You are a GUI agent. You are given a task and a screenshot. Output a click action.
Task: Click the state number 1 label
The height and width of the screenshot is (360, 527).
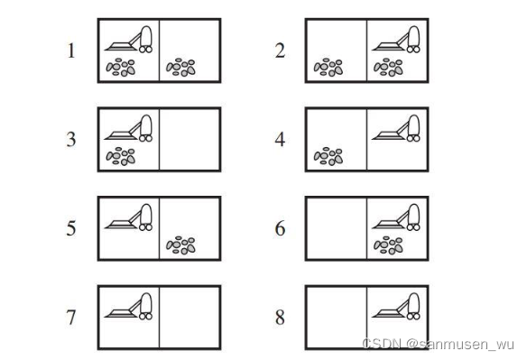[71, 51]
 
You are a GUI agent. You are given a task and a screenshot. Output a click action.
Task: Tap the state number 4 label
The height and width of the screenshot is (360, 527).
[280, 139]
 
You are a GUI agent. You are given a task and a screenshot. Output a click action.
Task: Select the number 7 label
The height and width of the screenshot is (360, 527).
[71, 318]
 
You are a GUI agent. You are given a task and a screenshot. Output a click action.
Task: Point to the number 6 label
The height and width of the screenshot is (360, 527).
[280, 228]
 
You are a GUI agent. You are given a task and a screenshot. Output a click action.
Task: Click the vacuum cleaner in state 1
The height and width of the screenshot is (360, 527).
[129, 40]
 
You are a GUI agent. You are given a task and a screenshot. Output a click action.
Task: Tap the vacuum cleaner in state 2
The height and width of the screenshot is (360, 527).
[396, 40]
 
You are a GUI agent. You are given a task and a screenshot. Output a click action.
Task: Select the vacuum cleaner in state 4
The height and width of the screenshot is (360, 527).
[396, 128]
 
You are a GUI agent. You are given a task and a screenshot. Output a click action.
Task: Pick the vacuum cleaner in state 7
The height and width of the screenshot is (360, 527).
[129, 306]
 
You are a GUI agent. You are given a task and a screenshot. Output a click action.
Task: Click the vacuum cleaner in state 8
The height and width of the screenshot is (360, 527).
[396, 306]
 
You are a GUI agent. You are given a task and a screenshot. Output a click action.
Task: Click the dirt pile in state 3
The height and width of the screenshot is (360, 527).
[121, 156]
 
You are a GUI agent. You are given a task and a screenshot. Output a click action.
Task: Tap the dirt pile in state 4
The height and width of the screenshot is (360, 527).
[328, 156]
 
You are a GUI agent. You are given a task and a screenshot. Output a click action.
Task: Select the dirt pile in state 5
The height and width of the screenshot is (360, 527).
[180, 245]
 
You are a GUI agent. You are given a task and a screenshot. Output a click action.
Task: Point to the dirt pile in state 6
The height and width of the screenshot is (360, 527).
[388, 245]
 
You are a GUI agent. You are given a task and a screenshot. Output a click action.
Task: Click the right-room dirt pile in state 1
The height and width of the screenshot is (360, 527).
[180, 68]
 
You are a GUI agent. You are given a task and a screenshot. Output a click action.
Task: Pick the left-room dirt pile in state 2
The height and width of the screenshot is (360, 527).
[328, 68]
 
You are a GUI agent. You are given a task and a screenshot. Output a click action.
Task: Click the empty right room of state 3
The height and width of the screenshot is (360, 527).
[190, 140]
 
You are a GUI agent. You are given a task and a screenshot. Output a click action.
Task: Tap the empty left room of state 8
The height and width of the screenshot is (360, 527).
[337, 318]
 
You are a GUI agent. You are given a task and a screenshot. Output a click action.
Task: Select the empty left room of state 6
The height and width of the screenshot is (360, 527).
[337, 228]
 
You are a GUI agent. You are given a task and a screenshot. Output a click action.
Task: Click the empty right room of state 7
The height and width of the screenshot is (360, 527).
[190, 318]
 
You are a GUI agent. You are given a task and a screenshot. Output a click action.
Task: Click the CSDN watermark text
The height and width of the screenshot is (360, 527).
[439, 344]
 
